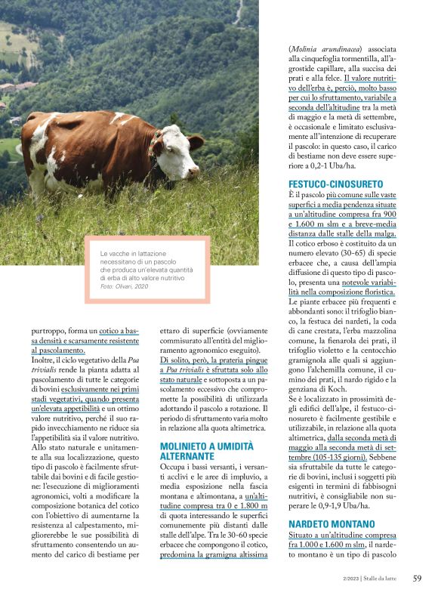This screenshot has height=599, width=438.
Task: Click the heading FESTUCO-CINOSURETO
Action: (x=336, y=184)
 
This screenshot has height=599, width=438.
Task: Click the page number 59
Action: (x=417, y=579)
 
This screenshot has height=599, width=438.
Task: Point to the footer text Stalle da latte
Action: (x=384, y=579)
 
